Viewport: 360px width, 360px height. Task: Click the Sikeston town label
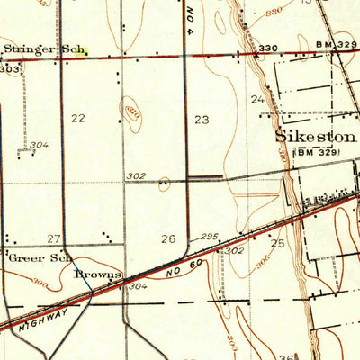point(315,138)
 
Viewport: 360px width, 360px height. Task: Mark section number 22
point(78,118)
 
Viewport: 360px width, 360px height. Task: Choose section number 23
point(201,118)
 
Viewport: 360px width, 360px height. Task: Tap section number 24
point(257,99)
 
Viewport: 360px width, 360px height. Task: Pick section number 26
point(167,238)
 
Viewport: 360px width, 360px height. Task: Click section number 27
point(54,238)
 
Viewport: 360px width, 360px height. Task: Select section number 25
point(277,244)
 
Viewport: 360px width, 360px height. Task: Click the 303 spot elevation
point(10,67)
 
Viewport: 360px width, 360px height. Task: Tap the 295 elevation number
point(210,237)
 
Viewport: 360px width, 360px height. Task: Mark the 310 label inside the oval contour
point(132,112)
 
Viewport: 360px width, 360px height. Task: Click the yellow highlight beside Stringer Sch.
point(81,53)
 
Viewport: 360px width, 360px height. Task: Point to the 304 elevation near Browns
point(137,286)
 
